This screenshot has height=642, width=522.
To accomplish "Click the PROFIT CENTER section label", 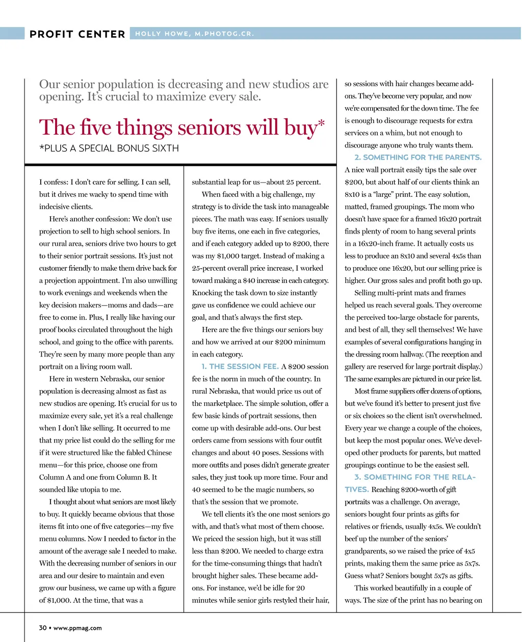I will click(x=77, y=34).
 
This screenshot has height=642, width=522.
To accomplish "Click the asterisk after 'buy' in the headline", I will click(x=321, y=122).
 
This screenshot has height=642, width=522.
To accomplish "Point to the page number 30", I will click(x=43, y=628).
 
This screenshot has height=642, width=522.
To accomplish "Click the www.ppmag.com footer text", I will click(x=77, y=628).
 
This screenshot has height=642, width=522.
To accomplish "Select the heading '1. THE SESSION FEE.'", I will click(x=240, y=367).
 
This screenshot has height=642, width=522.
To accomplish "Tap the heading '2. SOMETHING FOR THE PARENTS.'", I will click(x=418, y=158).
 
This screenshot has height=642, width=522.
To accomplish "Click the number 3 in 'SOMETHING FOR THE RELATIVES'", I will click(x=357, y=477).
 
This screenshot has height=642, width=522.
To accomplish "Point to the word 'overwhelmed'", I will click(x=461, y=416).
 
